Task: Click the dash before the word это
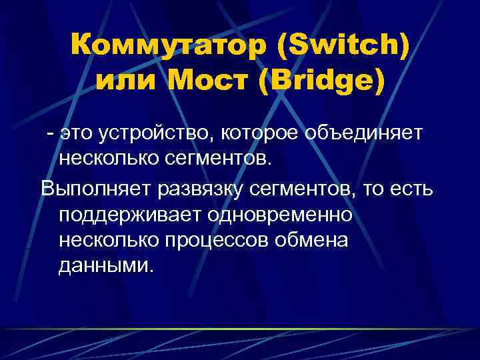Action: click(x=49, y=134)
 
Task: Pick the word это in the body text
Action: click(x=77, y=134)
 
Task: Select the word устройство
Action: click(x=153, y=134)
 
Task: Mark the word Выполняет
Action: click(x=96, y=189)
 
